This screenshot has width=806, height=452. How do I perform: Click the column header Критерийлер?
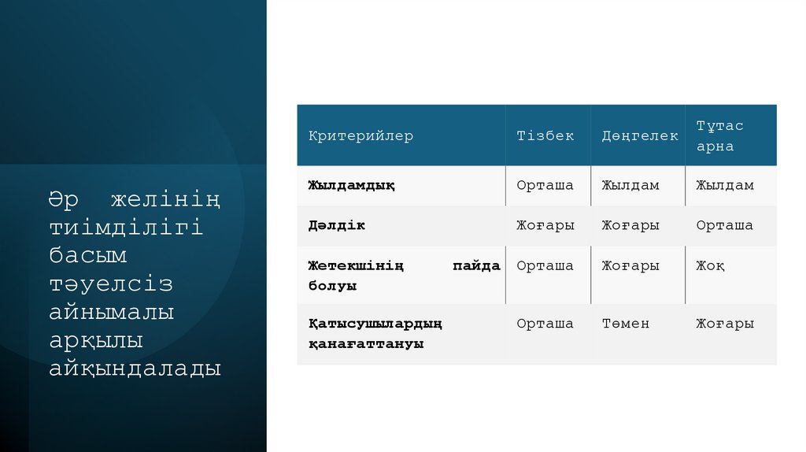[360, 136]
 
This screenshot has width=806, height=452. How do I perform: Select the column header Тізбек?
[545, 136]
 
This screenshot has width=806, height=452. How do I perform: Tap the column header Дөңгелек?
[640, 136]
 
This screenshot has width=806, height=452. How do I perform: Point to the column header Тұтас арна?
[719, 136]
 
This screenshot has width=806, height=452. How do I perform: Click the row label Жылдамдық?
[351, 186]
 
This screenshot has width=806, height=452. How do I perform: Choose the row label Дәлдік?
[336, 226]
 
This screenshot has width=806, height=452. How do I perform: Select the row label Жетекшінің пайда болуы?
[404, 276]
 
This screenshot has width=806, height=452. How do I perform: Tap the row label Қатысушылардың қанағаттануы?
[375, 334]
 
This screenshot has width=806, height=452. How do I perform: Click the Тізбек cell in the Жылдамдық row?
[545, 186]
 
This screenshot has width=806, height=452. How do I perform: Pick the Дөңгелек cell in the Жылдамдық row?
[630, 186]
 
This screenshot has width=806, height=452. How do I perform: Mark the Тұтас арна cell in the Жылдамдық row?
[725, 186]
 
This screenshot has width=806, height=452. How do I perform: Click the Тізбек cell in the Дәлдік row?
[545, 226]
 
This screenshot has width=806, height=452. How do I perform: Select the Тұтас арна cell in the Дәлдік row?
[724, 226]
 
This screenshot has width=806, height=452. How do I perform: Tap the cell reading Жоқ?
[710, 266]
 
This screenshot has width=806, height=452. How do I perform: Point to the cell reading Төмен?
[626, 324]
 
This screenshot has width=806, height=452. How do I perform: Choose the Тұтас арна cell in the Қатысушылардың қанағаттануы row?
[725, 324]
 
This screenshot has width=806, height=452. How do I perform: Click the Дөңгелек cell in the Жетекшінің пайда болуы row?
[630, 266]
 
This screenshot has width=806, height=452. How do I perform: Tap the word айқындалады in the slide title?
[135, 369]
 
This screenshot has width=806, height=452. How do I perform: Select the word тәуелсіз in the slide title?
[111, 284]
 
